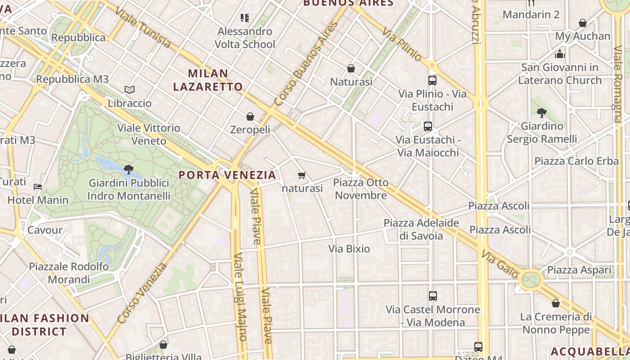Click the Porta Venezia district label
(x=227, y=175)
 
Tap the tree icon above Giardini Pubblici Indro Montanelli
(x=128, y=170)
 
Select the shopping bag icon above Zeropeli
(x=250, y=117)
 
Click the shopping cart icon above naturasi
(x=301, y=175)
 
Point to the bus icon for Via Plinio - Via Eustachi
(x=432, y=81)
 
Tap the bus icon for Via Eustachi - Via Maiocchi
(x=427, y=126)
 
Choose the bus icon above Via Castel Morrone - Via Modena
(x=432, y=296)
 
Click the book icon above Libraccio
(x=130, y=90)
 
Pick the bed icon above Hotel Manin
(x=38, y=186)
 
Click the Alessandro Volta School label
(x=245, y=38)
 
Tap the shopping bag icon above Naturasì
(x=351, y=68)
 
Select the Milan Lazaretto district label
(x=208, y=80)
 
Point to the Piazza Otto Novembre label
(x=361, y=189)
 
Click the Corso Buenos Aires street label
(x=306, y=63)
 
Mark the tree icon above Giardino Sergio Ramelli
(x=541, y=112)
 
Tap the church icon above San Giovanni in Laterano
(x=560, y=54)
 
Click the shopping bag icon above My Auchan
(x=583, y=23)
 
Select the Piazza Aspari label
(x=579, y=270)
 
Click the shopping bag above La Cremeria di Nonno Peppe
(x=556, y=303)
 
